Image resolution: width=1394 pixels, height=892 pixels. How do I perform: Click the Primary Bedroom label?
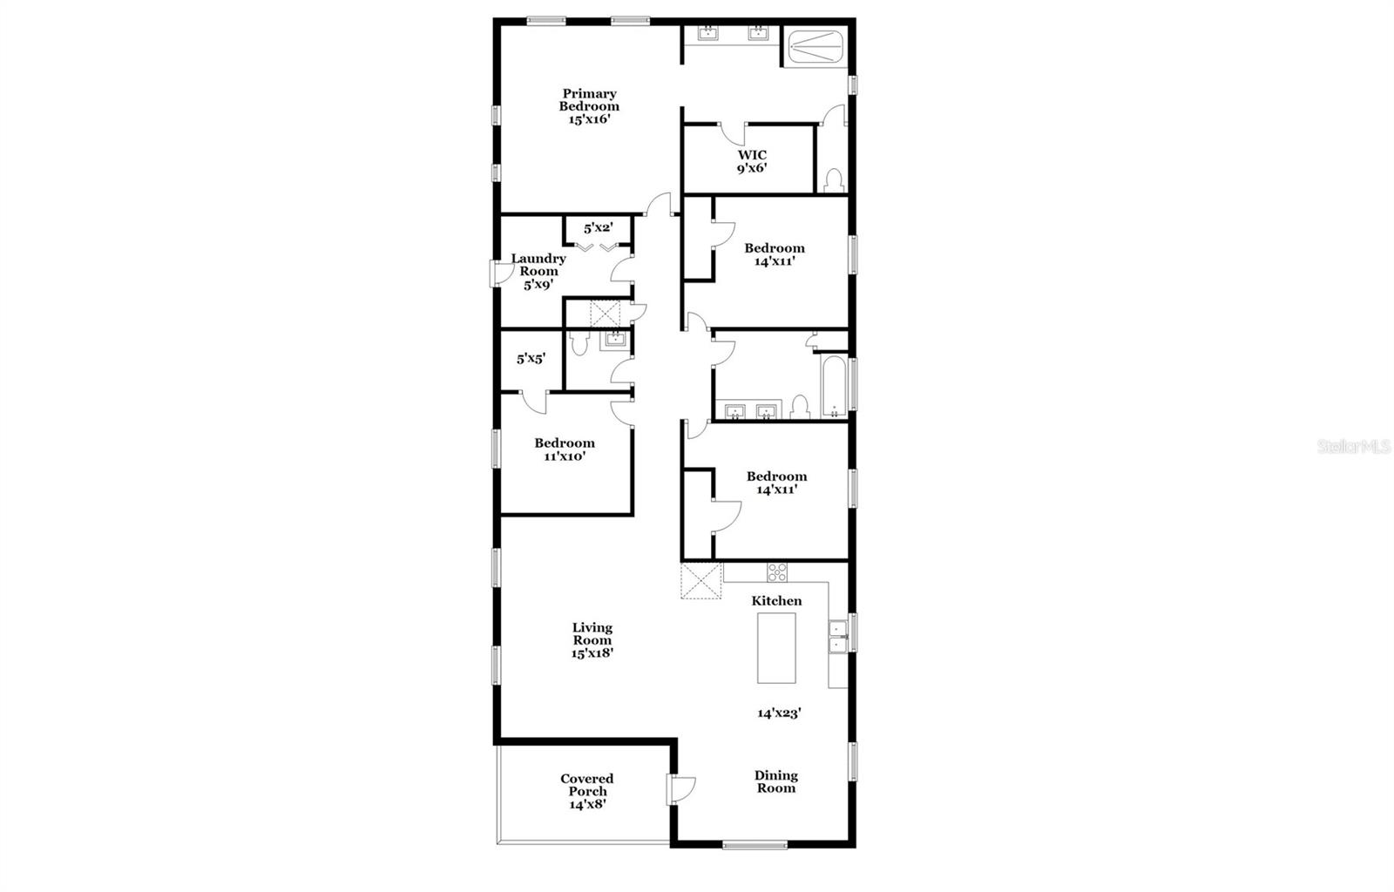(x=589, y=106)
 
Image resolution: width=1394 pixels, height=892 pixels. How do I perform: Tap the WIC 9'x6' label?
(x=752, y=162)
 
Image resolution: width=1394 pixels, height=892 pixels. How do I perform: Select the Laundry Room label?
(x=538, y=271)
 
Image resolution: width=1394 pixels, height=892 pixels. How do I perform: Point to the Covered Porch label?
(x=587, y=791)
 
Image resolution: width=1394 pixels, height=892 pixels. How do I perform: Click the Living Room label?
(x=592, y=639)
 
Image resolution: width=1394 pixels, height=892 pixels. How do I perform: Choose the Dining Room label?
(x=775, y=781)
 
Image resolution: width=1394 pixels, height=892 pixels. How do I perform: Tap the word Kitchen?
(x=776, y=600)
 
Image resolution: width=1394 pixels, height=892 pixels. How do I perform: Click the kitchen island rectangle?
(x=776, y=647)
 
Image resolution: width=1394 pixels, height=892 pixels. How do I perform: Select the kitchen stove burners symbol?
(x=776, y=572)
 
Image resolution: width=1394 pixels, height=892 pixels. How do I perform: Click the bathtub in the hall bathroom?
(x=833, y=387)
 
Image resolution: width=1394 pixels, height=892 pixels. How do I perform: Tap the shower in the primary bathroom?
(x=815, y=47)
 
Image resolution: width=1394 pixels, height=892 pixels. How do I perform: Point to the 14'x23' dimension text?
(x=779, y=713)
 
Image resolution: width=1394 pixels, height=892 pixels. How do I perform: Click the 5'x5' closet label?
(x=531, y=358)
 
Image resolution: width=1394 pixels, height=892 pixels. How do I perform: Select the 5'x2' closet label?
(x=599, y=228)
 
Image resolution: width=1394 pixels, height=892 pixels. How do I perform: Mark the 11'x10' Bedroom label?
(x=565, y=449)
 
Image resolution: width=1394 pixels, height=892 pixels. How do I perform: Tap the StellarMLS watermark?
(x=1353, y=447)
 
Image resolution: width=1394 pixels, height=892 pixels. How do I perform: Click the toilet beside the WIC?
(x=833, y=179)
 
